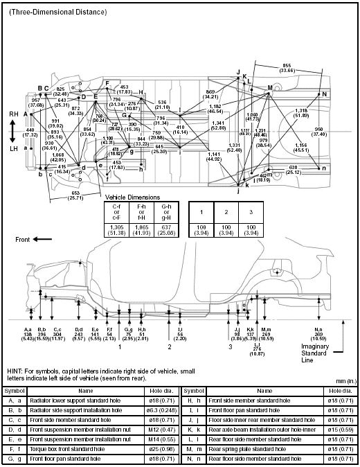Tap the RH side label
pyautogui.click(x=13, y=114)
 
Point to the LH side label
pyautogui.click(x=13, y=148)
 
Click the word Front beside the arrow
pyautogui.click(x=25, y=238)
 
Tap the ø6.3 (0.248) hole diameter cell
pyautogui.click(x=160, y=410)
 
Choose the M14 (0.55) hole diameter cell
pyautogui.click(x=160, y=439)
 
